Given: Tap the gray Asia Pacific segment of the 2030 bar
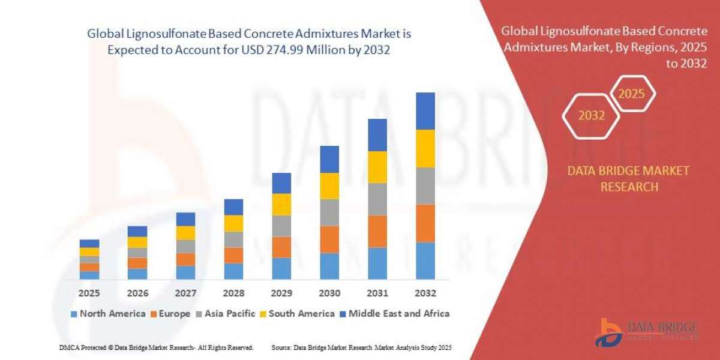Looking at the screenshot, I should coord(329,212).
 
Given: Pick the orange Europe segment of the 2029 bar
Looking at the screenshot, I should coord(281,247).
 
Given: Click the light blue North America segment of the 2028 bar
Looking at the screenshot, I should coord(233,271).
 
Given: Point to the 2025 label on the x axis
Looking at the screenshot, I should coord(89,293).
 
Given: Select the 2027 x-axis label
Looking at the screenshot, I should coord(185,293).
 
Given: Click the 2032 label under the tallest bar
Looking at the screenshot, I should coord(425,293).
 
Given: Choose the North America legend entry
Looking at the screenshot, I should coord(108,313).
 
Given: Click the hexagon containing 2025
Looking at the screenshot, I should coord(631,94).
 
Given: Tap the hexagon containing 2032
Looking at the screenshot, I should coord(591,116).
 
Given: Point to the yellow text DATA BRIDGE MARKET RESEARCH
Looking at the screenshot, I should coord(628,179).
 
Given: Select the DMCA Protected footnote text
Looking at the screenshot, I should coord(156,347).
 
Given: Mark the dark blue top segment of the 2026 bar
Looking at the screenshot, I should coord(137,231).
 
